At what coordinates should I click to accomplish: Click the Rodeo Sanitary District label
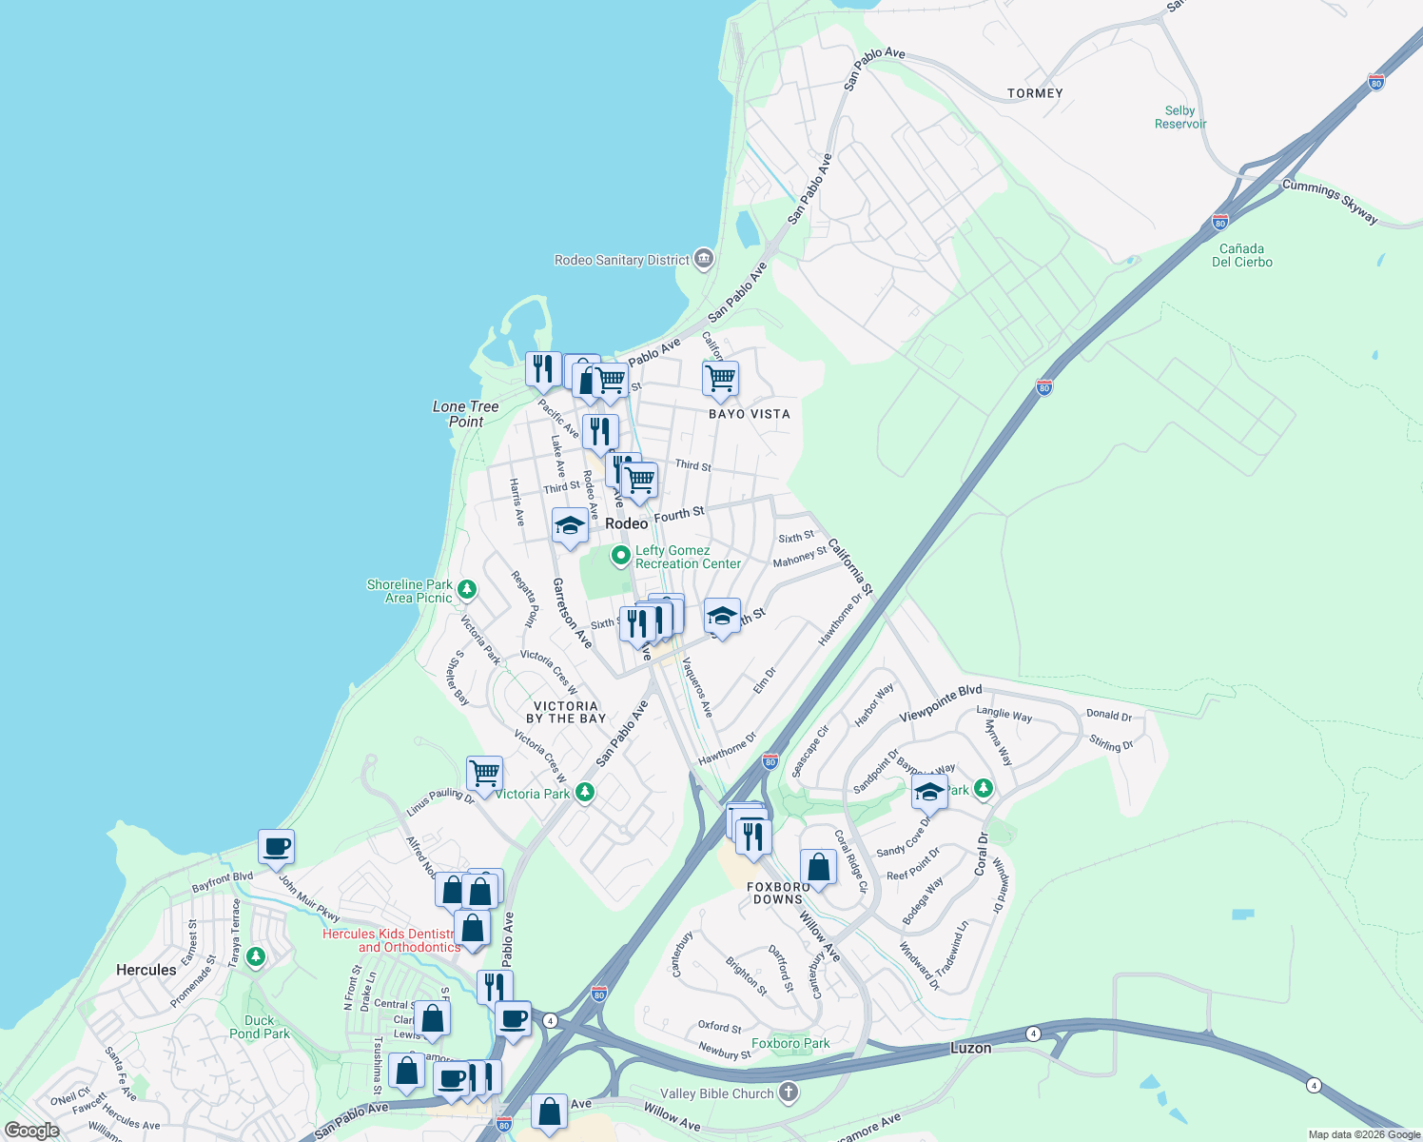pos(622,260)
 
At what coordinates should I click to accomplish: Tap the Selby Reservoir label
pos(1179,117)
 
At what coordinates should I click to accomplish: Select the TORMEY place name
pos(1035,93)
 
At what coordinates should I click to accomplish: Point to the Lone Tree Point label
pos(466,414)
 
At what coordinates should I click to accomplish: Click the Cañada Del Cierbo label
pos(1241,255)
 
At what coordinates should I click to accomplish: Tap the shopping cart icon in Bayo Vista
pos(720,378)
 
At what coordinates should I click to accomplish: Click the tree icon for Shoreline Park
pos(466,590)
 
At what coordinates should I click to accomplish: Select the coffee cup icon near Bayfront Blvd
pos(276,846)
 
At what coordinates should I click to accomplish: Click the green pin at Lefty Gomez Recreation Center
pos(620,555)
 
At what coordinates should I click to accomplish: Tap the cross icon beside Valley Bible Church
pos(789,1092)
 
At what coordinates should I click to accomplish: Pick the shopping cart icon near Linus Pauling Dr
pos(484,774)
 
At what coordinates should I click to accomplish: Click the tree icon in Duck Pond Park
pos(255,955)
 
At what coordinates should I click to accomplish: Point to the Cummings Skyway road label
pos(1330,201)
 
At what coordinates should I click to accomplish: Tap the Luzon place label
pos(970,1048)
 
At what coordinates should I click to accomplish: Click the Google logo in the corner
pos(31,1131)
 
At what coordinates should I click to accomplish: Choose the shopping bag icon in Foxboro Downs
pos(818,867)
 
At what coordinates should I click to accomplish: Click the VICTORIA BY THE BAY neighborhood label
pos(566,712)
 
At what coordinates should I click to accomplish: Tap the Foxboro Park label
pos(790,1043)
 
